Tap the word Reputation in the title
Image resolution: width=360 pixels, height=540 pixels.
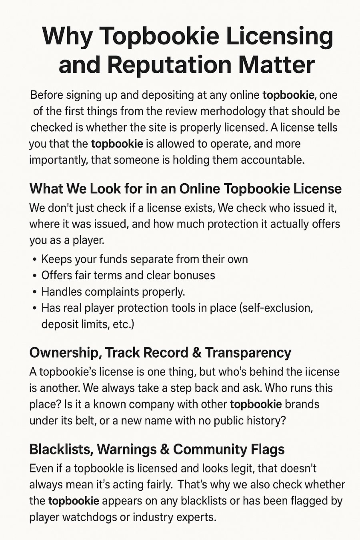click(x=169, y=65)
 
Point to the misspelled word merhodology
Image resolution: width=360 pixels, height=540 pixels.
click(x=234, y=111)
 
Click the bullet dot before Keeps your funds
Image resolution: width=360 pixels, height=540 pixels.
click(x=34, y=260)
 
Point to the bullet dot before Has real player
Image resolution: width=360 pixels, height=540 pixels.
click(x=34, y=308)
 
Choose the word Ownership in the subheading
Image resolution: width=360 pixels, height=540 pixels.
click(x=64, y=353)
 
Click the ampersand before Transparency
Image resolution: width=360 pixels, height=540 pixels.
click(x=196, y=353)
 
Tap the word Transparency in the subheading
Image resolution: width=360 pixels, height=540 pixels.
click(x=248, y=353)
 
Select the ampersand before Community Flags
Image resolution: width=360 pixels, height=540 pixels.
click(x=164, y=450)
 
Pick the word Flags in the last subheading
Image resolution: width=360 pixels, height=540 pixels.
click(x=268, y=450)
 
